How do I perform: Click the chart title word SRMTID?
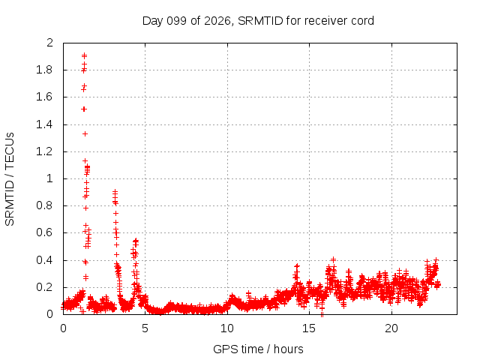260,21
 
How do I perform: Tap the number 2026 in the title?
217,21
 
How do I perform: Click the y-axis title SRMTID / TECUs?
10,179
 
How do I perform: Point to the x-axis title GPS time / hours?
258,349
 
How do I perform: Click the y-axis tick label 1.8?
44,70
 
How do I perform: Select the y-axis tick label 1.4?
44,124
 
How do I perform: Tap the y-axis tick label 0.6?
44,232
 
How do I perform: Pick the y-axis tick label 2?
49,43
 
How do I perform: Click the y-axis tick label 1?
49,178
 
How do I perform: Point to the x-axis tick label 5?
145,328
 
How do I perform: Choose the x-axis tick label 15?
309,328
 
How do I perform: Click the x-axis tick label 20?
391,328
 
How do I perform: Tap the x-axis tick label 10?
227,328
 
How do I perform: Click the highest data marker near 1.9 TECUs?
84,55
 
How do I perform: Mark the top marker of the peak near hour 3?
115,192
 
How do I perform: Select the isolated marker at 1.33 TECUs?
85,133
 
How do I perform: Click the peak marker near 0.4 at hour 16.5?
333,259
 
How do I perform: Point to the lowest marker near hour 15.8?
322,314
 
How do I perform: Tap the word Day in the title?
153,21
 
